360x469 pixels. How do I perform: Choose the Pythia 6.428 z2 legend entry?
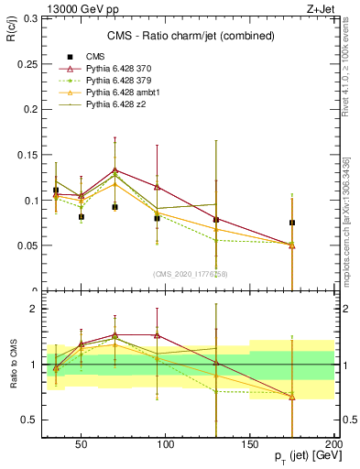(116, 105)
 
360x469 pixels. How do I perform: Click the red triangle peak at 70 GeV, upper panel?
(115, 170)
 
